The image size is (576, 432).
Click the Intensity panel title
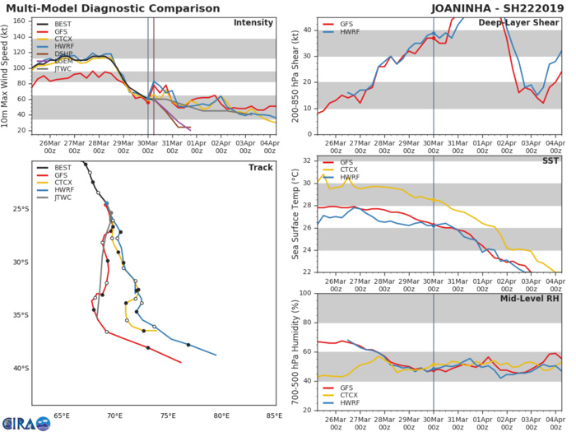coord(253,23)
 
